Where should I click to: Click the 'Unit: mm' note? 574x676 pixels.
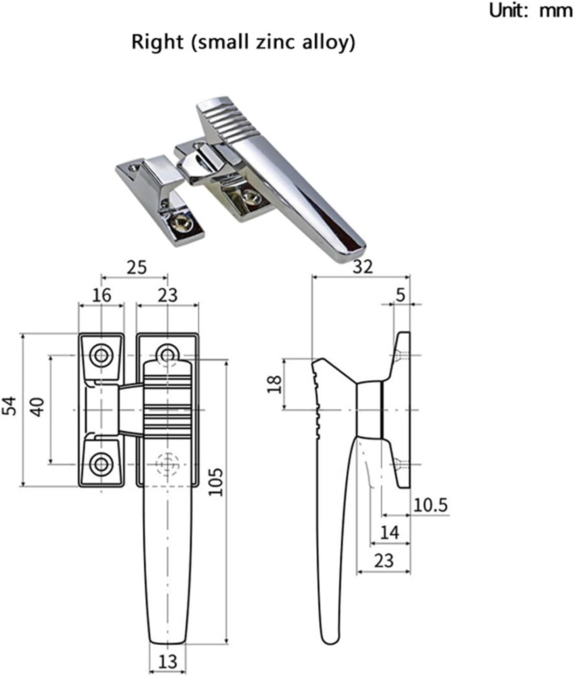(530, 10)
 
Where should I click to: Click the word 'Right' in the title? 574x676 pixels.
(157, 42)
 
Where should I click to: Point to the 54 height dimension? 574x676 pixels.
(9, 406)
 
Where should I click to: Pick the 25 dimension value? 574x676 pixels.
(136, 267)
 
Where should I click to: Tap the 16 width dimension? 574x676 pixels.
(101, 295)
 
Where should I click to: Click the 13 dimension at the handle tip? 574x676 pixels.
(168, 661)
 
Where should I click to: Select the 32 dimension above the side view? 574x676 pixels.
(363, 266)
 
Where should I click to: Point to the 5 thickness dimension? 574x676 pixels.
(400, 295)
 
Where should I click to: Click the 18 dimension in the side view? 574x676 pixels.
(275, 383)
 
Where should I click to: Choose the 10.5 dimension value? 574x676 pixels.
(431, 505)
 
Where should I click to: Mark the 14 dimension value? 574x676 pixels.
(390, 532)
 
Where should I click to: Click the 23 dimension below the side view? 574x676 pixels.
(384, 560)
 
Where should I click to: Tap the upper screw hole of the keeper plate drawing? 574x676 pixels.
(101, 355)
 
